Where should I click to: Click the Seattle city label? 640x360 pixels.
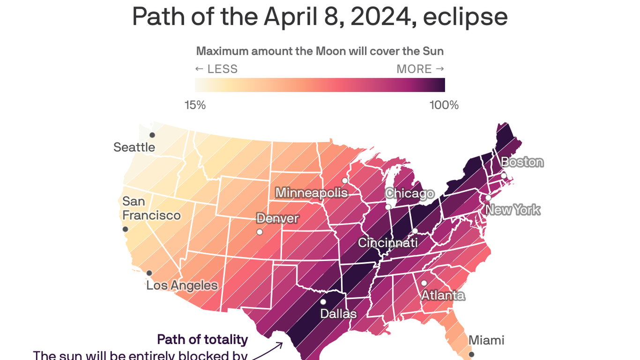(134, 147)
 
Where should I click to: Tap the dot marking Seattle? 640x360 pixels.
(152, 135)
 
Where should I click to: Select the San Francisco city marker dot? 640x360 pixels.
(125, 229)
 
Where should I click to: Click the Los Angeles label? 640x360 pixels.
(182, 285)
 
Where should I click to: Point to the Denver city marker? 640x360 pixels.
(260, 232)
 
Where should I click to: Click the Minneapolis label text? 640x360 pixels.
(312, 193)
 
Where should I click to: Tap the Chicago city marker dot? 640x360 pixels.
(388, 207)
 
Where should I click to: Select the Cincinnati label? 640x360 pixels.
(387, 243)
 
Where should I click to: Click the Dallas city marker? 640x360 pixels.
(323, 302)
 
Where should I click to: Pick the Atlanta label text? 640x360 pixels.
(442, 295)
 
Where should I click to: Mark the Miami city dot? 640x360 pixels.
(472, 354)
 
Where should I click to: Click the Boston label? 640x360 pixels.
(522, 162)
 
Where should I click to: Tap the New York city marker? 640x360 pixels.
(488, 198)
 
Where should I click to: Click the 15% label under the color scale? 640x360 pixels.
(195, 105)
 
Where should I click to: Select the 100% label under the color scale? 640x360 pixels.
(444, 105)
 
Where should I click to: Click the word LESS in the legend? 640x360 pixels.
(222, 69)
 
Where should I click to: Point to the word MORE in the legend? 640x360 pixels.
(414, 69)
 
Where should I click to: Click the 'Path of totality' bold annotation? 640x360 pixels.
(202, 339)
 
